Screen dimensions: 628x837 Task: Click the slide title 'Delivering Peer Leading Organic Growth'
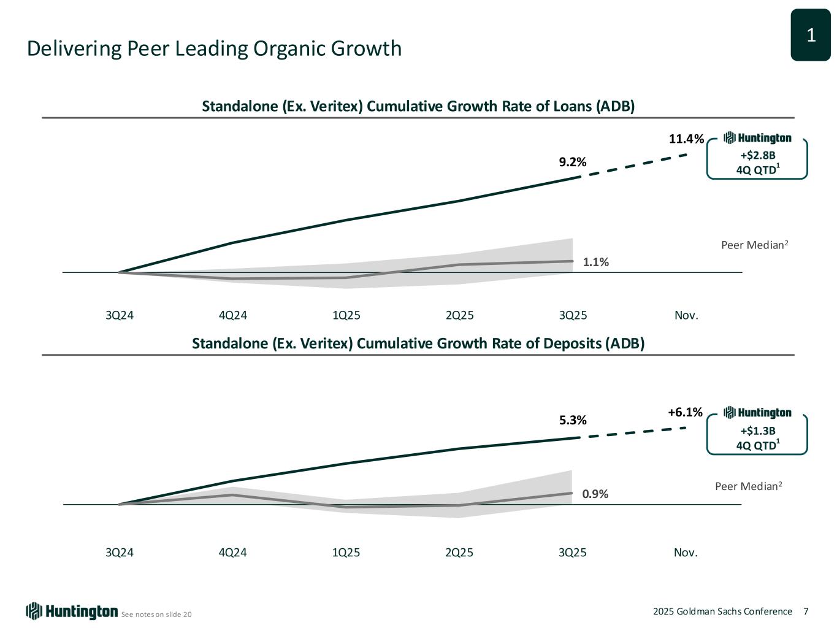point(214,48)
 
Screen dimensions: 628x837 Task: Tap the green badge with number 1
point(810,36)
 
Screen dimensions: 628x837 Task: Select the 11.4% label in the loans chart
point(686,139)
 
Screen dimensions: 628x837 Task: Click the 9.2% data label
point(572,162)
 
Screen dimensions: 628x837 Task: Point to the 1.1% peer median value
point(595,262)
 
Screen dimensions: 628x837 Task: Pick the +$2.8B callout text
point(757,156)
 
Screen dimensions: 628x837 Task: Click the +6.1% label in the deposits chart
point(685,413)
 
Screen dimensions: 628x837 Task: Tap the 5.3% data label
point(573,420)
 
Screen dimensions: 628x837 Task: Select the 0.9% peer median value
point(595,494)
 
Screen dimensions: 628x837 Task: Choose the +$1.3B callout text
point(757,431)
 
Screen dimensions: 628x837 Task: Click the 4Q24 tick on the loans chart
point(232,315)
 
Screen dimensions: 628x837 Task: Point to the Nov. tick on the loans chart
point(686,315)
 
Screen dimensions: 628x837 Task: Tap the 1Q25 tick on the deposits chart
point(346,553)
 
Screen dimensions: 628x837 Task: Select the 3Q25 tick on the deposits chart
point(573,553)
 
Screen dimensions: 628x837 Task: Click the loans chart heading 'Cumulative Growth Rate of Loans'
point(418,107)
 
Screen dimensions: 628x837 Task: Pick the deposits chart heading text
point(418,343)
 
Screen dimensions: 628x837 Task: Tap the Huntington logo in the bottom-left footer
point(72,611)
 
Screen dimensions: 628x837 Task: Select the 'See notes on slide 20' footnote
point(156,615)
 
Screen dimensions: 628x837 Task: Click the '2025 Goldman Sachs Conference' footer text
point(722,611)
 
